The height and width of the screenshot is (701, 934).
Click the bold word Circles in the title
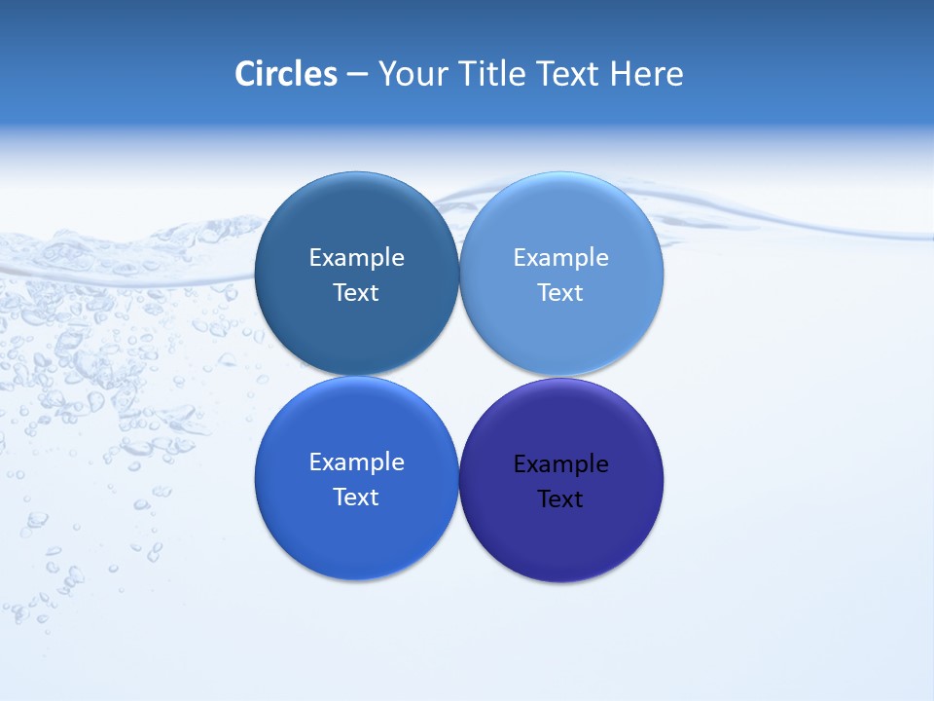point(286,74)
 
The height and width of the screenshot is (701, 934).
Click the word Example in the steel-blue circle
point(356,258)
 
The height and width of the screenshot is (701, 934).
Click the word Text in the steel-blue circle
point(356,293)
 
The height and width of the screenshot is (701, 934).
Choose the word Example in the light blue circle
point(560,258)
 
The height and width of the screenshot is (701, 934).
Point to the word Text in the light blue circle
point(560,293)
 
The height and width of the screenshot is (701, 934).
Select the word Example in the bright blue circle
point(356,462)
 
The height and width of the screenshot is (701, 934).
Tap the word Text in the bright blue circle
point(356,498)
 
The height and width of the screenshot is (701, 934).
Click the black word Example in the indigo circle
point(560,464)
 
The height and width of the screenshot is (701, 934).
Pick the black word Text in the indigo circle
point(560,499)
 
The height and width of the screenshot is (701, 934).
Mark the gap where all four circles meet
point(459,376)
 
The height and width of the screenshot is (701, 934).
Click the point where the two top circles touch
point(459,274)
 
